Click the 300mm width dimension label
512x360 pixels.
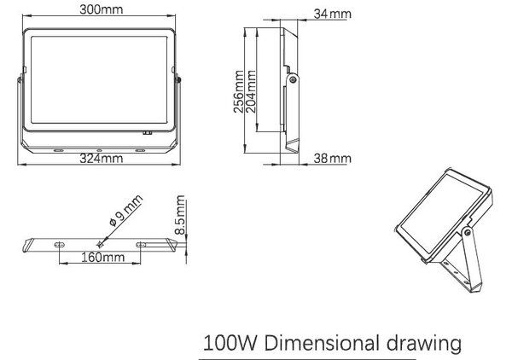coord(102,9)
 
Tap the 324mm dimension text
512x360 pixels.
coord(102,159)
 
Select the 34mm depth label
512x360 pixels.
coord(333,14)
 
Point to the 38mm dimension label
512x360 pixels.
coord(333,159)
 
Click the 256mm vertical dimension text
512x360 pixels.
coord(239,91)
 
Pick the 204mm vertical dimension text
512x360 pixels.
coord(250,91)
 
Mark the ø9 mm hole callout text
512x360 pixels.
coord(126,211)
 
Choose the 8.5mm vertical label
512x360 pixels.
coord(180,215)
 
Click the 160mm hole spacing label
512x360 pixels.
coord(103,257)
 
